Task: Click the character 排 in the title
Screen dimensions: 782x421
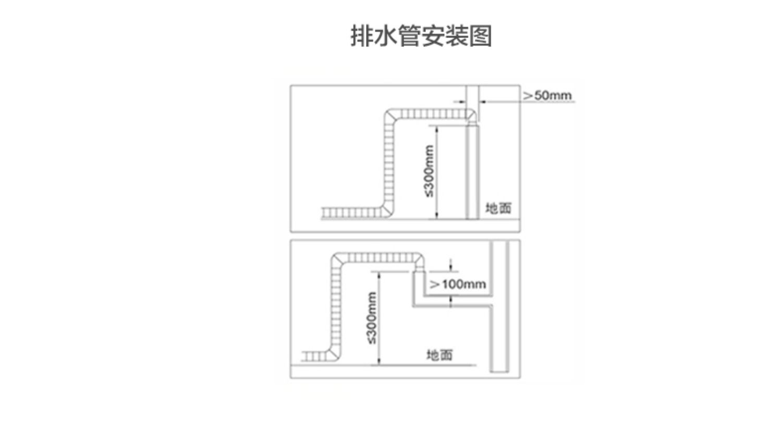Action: pos(361,36)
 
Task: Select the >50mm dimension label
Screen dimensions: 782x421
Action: pos(547,95)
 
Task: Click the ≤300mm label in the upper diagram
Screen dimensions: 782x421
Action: pos(429,171)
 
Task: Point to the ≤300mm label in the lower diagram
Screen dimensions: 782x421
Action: pos(371,318)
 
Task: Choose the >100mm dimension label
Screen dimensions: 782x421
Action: pos(458,284)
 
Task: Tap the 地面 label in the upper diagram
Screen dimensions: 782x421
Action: pos(498,208)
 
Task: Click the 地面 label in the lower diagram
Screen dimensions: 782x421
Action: pos(439,355)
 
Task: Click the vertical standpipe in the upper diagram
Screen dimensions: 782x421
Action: pos(472,172)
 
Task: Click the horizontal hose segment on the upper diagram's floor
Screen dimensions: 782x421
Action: pos(352,213)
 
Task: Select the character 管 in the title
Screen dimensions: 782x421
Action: pos(409,36)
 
